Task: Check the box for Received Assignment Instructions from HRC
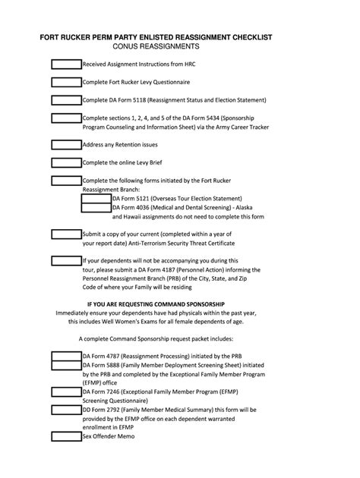66,64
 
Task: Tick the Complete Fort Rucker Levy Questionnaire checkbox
66,81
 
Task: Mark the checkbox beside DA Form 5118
66,99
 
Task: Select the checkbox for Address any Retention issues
66,144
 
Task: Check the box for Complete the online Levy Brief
66,162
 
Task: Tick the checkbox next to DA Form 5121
96,198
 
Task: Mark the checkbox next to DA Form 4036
96,207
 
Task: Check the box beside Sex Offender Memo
66,438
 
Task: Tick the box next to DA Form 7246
66,392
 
